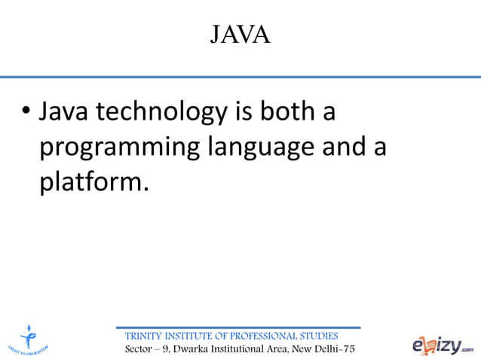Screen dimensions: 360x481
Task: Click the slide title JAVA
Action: [240, 35]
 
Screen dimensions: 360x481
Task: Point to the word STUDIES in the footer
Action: [319, 335]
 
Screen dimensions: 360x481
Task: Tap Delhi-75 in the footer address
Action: [332, 349]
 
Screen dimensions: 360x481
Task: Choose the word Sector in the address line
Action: [140, 349]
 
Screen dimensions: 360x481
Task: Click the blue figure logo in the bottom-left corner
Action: [29, 337]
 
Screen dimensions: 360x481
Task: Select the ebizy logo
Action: [443, 344]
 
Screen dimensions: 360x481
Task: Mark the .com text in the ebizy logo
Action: [468, 349]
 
